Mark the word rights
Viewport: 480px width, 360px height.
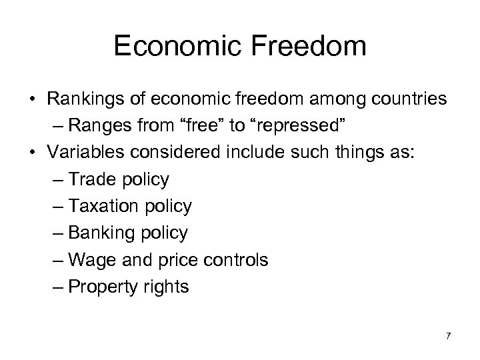click(x=169, y=287)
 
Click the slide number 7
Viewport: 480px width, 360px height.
click(x=448, y=336)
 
